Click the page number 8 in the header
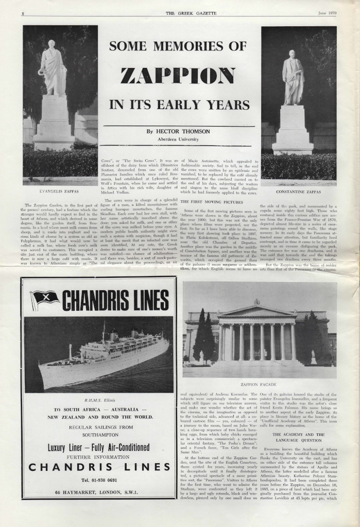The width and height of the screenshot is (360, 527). tap(24, 13)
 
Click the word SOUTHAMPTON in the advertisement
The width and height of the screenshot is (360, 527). tap(98, 434)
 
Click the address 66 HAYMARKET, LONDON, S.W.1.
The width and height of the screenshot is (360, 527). tap(98, 493)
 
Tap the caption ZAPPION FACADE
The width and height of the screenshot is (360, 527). tap(259, 384)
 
